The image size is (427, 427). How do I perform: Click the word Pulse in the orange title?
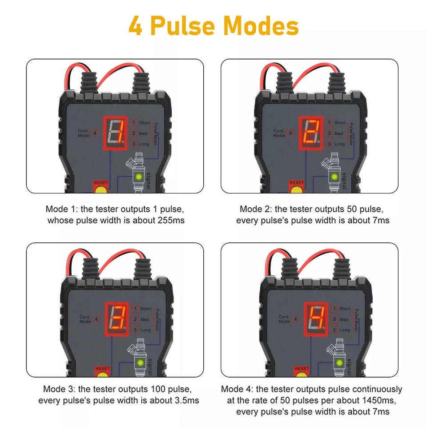point(182,26)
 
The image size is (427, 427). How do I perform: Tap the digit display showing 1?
point(115,133)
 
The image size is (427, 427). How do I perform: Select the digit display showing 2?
point(311,133)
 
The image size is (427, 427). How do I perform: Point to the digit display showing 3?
point(117,319)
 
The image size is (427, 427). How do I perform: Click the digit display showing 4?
point(316,319)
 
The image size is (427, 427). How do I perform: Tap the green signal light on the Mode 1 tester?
point(139,177)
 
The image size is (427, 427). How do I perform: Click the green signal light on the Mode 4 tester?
point(339,363)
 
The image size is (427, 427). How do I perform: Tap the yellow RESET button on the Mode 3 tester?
point(102,375)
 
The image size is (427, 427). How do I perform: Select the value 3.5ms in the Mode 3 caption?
point(186,401)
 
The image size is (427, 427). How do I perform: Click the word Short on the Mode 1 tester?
point(144,123)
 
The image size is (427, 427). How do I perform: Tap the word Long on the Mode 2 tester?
point(339,144)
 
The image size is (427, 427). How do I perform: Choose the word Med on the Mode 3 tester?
point(145,319)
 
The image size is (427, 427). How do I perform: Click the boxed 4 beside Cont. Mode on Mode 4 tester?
point(295,319)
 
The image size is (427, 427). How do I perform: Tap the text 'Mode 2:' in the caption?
point(256,209)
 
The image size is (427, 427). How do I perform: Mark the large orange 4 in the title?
point(135,26)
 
